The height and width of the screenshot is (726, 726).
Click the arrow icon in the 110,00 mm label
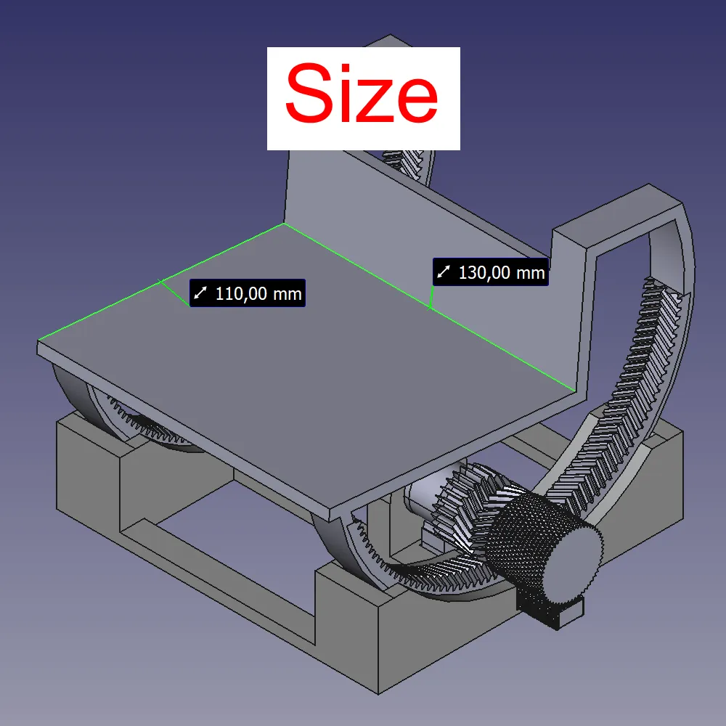pos(201,294)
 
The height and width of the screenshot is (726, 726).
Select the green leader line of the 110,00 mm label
pos(174,293)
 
